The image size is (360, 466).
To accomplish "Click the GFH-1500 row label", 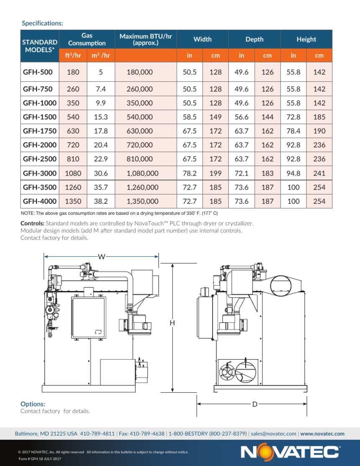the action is point(39,117).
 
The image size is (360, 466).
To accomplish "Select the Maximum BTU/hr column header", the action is point(146,39).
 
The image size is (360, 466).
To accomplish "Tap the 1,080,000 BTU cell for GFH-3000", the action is point(143,173).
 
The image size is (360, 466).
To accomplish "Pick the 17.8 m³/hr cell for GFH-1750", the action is point(101,131).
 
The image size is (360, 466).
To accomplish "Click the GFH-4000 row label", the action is point(39,201).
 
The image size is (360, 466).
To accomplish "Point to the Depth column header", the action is point(254,39).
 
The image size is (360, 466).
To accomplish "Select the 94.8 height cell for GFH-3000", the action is point(293,173).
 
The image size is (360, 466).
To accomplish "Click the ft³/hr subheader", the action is point(73,55).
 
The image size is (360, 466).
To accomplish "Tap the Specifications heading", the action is point(42,23).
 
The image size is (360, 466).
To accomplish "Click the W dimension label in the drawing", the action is point(101,257).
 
